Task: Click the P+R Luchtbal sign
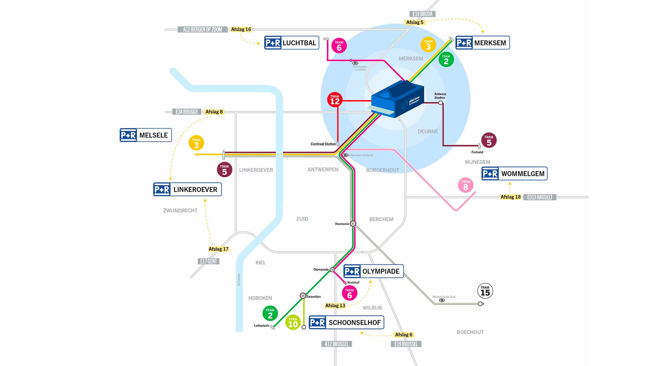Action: [292, 43]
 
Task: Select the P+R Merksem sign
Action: [482, 43]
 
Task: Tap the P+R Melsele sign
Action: [146, 135]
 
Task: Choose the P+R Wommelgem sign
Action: [514, 174]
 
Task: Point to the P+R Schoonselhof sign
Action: [346, 322]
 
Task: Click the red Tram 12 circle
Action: [335, 100]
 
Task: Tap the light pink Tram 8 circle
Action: [466, 185]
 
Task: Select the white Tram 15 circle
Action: [485, 291]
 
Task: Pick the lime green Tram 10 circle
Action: [293, 323]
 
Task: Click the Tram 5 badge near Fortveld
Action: [489, 140]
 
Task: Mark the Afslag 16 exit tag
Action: [241, 29]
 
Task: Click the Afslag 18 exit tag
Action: [510, 197]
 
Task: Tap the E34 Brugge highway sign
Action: [186, 112]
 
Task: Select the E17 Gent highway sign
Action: [209, 261]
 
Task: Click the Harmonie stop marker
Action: [353, 224]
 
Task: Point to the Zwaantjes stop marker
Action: [303, 296]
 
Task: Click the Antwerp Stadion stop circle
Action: [440, 103]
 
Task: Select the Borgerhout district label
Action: [382, 170]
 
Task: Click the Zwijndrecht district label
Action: [180, 211]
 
